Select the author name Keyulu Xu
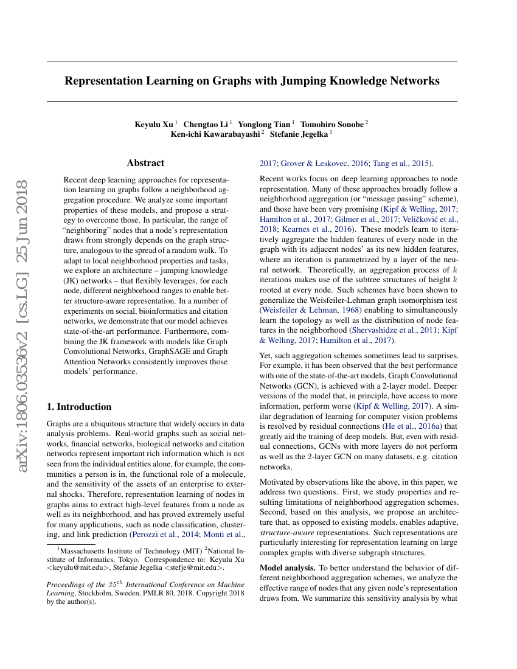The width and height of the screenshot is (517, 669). [154, 124]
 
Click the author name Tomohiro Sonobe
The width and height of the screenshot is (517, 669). [332, 124]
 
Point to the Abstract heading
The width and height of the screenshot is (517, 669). [145, 163]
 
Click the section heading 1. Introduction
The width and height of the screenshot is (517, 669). [79, 406]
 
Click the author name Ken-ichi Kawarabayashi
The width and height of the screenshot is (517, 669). [215, 134]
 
